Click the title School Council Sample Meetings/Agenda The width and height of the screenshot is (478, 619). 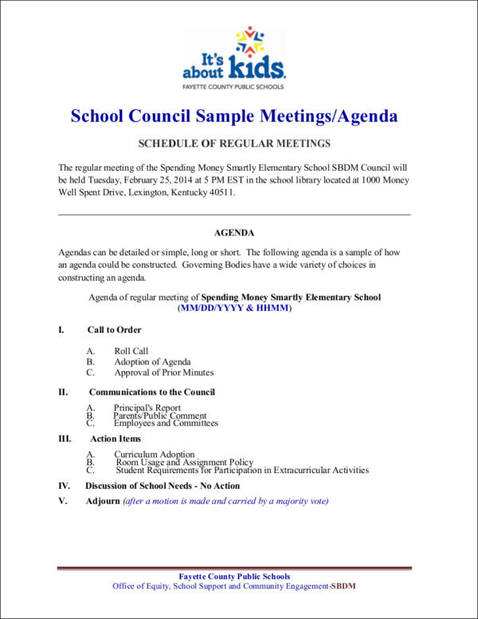pos(234,116)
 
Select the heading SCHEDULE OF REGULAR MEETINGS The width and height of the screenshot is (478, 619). pos(234,144)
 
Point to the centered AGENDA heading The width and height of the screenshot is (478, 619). pos(234,233)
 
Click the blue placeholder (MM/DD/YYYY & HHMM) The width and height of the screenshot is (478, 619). pos(234,308)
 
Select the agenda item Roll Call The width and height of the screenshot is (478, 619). pos(131,351)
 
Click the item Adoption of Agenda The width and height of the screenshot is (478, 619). pos(152,361)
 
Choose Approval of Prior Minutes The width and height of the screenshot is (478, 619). pos(163,372)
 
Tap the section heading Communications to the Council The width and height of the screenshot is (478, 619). pos(151,392)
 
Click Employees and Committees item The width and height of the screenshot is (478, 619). pos(166,423)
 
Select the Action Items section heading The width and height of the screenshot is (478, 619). pos(116,438)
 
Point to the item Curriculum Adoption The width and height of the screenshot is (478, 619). pos(154,455)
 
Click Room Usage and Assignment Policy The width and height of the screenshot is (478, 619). pos(185,463)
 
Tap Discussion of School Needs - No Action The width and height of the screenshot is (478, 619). pos(163,485)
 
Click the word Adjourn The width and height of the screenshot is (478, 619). pos(103,501)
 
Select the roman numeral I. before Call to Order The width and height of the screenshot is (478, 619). pos(61,329)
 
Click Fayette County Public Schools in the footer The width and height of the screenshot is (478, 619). pos(234,576)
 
